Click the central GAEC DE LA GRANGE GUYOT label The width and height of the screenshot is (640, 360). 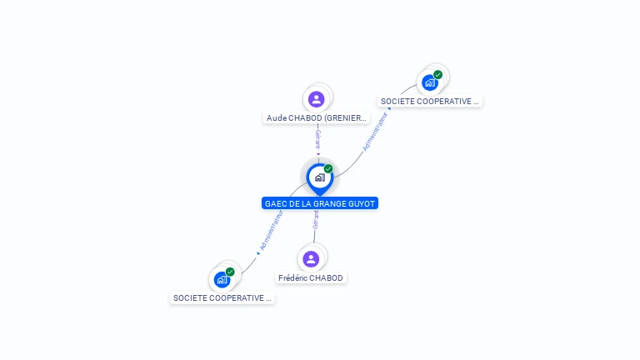(x=320, y=203)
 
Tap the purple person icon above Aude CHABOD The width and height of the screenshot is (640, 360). (x=316, y=99)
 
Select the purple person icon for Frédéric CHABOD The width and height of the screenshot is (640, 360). (x=311, y=259)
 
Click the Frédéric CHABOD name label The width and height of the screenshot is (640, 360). (x=311, y=277)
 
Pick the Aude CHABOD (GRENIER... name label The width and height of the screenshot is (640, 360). (x=316, y=118)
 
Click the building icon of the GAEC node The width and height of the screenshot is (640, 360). (x=319, y=177)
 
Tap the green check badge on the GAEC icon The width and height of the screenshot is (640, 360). (x=328, y=169)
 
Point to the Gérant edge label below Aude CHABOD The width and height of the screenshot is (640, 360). (x=317, y=139)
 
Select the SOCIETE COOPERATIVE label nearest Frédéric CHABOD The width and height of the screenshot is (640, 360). (x=222, y=297)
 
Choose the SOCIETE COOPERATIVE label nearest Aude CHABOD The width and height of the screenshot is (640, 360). (x=430, y=101)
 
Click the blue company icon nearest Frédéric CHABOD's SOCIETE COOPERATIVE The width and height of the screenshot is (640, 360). (x=222, y=279)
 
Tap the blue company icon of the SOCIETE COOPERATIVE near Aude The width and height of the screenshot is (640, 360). (x=429, y=82)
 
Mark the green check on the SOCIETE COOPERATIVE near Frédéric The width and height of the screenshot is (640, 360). (x=230, y=272)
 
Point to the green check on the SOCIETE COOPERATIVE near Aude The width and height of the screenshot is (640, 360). (x=437, y=75)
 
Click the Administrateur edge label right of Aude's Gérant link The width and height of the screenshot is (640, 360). (x=375, y=131)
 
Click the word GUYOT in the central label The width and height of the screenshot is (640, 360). (x=360, y=203)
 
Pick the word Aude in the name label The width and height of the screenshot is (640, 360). (x=277, y=118)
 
